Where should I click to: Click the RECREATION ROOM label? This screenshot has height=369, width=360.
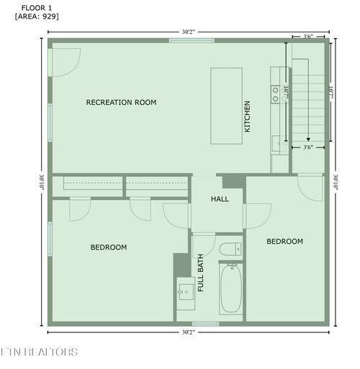click(x=121, y=102)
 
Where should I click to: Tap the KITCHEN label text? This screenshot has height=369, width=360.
click(x=247, y=117)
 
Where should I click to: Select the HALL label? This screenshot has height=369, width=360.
click(x=220, y=199)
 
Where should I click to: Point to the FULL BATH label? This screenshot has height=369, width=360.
click(x=200, y=273)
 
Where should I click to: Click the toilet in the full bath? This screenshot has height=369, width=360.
click(x=230, y=249)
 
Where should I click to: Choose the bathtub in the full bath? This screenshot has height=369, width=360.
click(x=231, y=288)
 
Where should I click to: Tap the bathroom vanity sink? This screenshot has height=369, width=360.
click(x=186, y=292)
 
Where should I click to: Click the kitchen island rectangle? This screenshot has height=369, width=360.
click(x=226, y=106)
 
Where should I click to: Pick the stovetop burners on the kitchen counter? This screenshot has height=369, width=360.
click(x=276, y=94)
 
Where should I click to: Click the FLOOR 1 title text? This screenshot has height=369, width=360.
click(x=37, y=8)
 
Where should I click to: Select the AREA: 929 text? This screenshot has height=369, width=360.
click(x=37, y=17)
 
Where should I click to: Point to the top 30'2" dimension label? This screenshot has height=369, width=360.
click(x=189, y=32)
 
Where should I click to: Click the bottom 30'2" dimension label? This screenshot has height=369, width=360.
click(x=189, y=332)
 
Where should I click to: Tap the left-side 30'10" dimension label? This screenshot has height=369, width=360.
click(x=42, y=182)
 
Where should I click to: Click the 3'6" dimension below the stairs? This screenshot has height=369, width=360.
click(x=308, y=147)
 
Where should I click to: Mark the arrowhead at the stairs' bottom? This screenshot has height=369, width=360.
click(x=308, y=140)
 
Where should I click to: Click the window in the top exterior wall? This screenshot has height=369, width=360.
click(x=192, y=40)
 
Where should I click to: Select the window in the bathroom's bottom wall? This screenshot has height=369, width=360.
click(x=205, y=324)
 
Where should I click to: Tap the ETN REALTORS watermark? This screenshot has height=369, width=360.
click(x=39, y=352)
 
